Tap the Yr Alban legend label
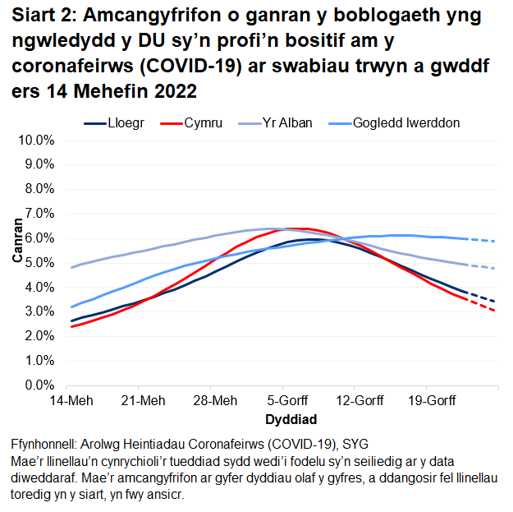pyautogui.click(x=285, y=123)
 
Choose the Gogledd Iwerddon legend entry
pyautogui.click(x=405, y=123)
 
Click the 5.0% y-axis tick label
pyautogui.click(x=39, y=263)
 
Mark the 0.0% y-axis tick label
pyautogui.click(x=39, y=385)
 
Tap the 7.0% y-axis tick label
pyautogui.click(x=39, y=214)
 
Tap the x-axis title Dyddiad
pyautogui.click(x=286, y=419)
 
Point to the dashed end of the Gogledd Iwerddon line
pyautogui.click(x=484, y=240)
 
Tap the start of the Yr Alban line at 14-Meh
pyautogui.click(x=72, y=267)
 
